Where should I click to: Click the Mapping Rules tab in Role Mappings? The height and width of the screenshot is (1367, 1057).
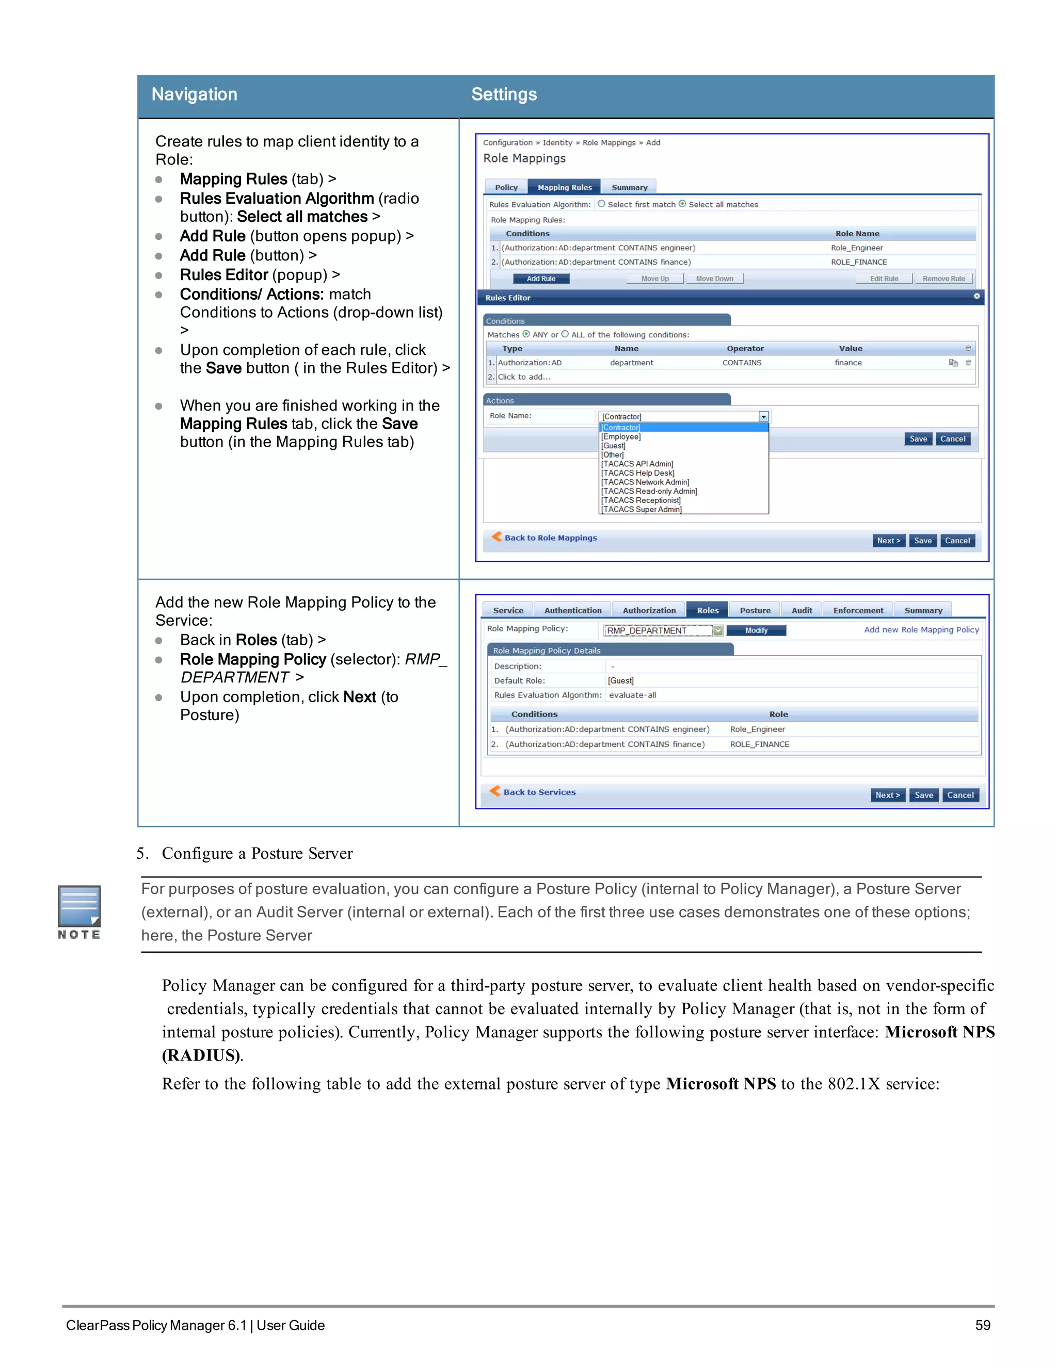[564, 187]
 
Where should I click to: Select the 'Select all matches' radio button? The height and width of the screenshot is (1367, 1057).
[682, 204]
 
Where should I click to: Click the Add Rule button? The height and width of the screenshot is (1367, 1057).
[541, 279]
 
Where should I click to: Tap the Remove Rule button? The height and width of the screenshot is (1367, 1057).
[943, 279]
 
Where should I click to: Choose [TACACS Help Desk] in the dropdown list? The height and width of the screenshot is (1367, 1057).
[637, 473]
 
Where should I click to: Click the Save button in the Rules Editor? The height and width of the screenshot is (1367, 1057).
[918, 439]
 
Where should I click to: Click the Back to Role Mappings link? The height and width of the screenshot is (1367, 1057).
[550, 538]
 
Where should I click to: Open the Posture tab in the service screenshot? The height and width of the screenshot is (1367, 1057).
[755, 610]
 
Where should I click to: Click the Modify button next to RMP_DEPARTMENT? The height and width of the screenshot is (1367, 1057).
[756, 630]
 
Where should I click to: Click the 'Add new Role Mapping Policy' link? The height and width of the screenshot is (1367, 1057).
[921, 630]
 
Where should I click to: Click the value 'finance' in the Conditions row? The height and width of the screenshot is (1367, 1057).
[848, 363]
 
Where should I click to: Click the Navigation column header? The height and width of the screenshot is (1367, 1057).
[195, 94]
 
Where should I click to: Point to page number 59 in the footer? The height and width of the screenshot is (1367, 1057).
[983, 1325]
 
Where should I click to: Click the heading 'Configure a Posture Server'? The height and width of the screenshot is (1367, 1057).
[257, 854]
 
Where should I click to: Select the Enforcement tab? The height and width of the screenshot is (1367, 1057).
[858, 610]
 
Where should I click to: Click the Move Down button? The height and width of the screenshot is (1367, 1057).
[714, 279]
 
